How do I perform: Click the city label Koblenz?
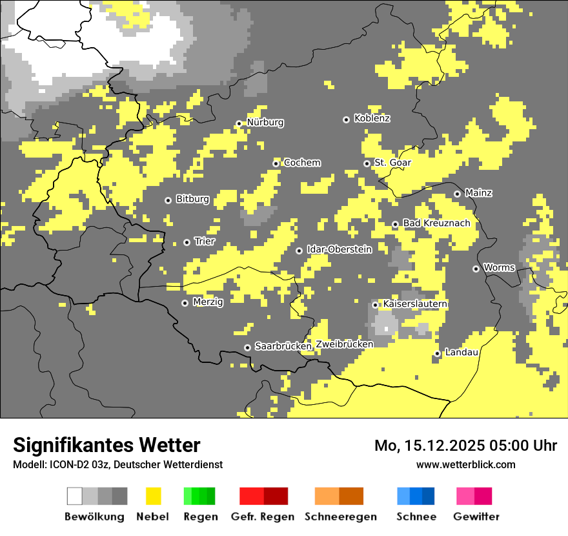(372, 119)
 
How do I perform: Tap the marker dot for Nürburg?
(239, 123)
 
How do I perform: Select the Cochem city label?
(301, 163)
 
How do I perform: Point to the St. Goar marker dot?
(367, 163)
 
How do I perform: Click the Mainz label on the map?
(478, 193)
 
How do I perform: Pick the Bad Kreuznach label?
(436, 223)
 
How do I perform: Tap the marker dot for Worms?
(476, 269)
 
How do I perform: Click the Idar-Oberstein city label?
(339, 250)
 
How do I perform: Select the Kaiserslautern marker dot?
(375, 305)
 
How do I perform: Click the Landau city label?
(462, 353)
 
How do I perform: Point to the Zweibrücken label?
(345, 344)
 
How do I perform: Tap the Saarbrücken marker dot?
(247, 347)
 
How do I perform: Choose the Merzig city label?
(208, 302)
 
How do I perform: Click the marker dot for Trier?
(187, 242)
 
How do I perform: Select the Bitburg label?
(192, 200)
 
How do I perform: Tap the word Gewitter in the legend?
(476, 517)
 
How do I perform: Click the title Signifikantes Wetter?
(107, 446)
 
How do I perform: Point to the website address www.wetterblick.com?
(465, 464)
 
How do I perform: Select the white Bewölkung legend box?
(75, 496)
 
